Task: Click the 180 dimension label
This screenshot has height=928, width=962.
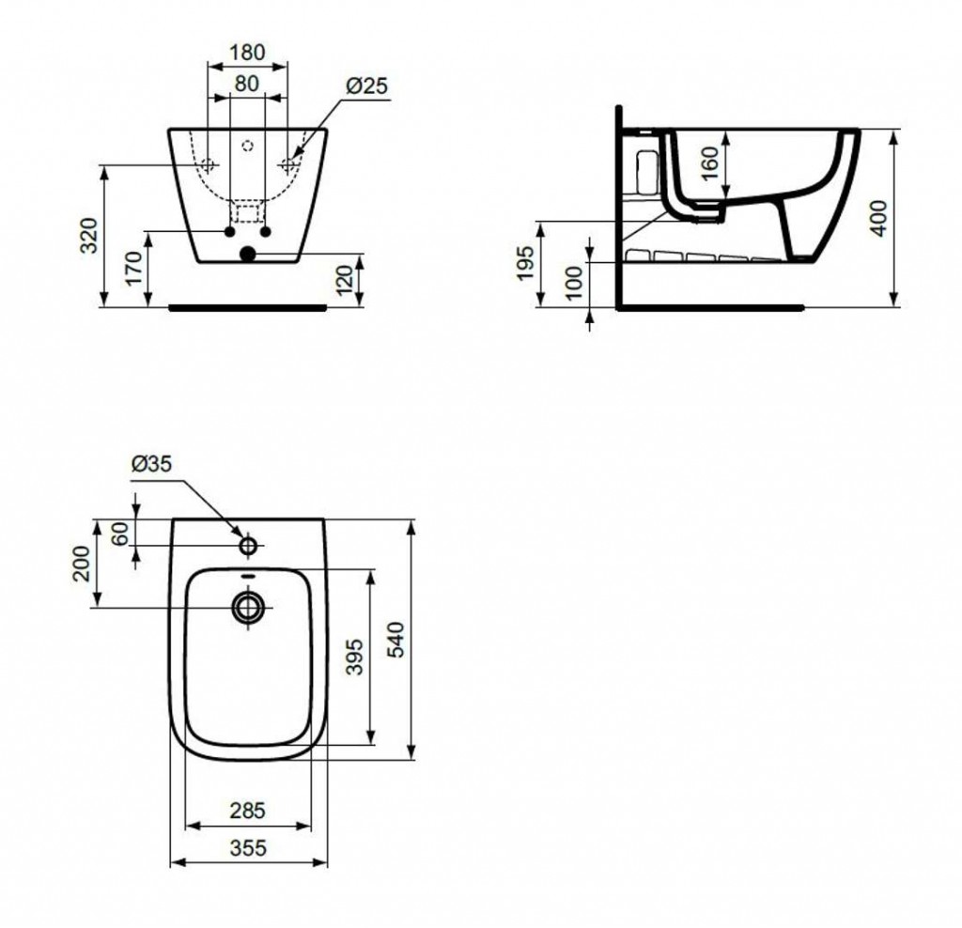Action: click(247, 53)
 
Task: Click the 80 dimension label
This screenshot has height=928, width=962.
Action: click(247, 84)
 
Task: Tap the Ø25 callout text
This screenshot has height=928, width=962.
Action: click(366, 85)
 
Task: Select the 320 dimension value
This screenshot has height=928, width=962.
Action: click(89, 235)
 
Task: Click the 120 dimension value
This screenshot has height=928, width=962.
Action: click(346, 280)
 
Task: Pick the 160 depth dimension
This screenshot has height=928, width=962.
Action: click(708, 162)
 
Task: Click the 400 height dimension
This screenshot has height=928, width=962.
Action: click(878, 218)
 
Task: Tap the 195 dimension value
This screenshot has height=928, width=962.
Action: click(525, 263)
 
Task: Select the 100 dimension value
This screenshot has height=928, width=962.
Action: click(574, 282)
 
